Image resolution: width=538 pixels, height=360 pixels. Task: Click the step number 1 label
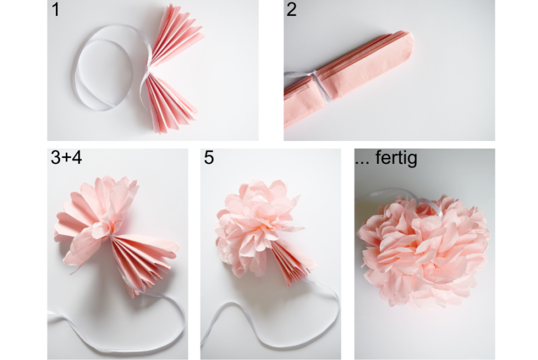(x=56, y=11)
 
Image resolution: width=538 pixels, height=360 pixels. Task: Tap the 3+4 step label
(x=66, y=159)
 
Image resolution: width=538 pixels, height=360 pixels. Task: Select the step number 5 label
(x=209, y=159)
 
